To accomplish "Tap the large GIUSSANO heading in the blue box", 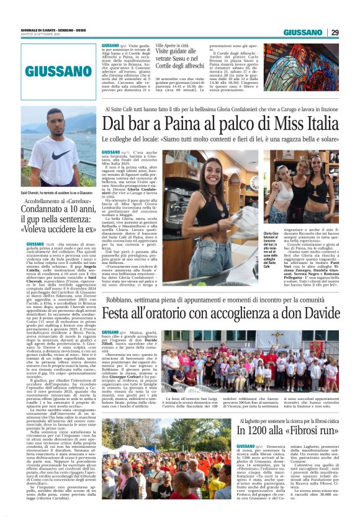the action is pos(60,71).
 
